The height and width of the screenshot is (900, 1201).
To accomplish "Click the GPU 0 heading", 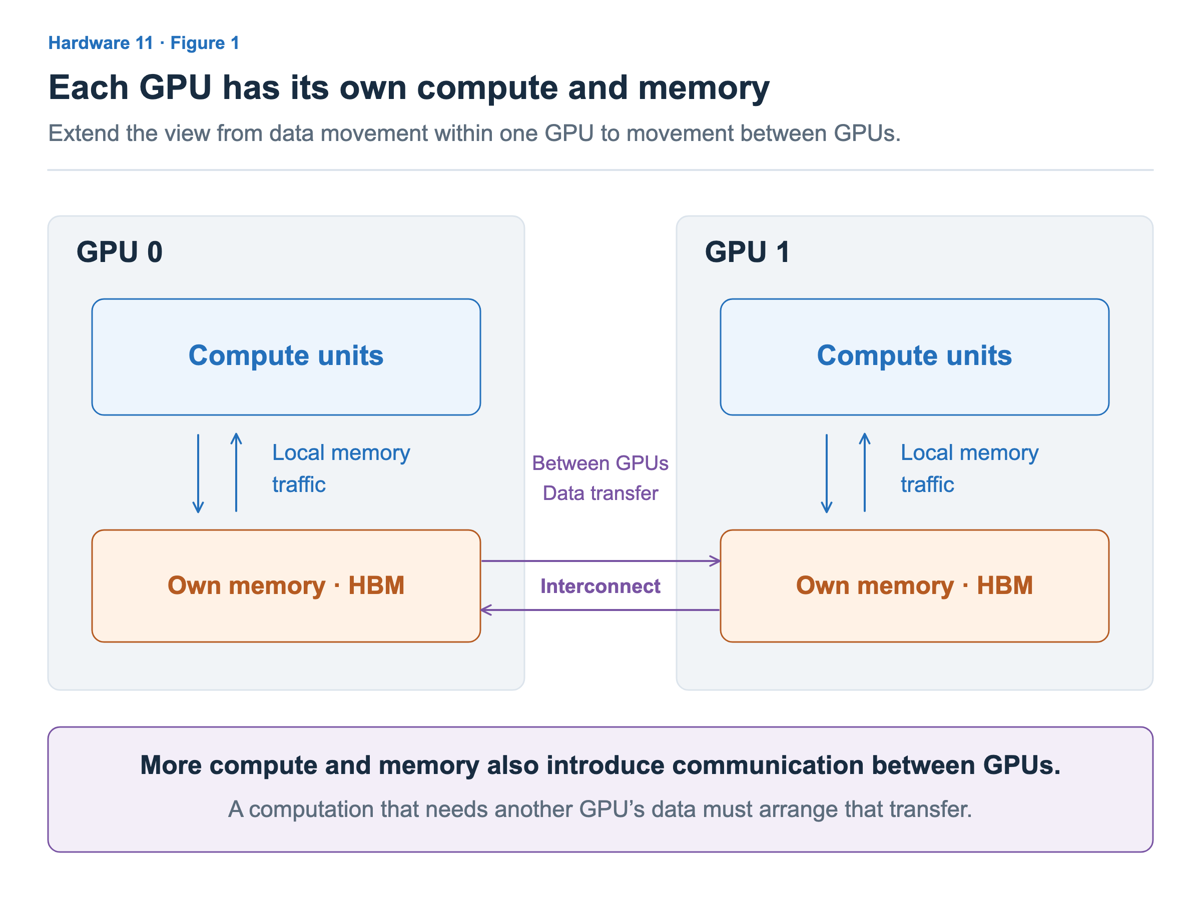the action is coord(120,252).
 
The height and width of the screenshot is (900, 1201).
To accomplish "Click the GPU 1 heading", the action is coord(747,252).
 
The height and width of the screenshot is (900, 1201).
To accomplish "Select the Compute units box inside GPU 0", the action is coord(286,357).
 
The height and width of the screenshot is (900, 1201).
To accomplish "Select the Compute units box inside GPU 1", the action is coord(914,357).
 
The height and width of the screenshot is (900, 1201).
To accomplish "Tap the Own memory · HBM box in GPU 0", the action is coord(286,586).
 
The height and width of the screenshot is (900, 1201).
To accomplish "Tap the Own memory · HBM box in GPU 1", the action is coord(914,586).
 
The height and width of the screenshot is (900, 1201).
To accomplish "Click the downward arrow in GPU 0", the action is coord(198,473).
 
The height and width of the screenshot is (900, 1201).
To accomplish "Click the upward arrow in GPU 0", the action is coord(236,472).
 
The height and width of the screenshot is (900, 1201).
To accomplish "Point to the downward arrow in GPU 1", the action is coord(826,473).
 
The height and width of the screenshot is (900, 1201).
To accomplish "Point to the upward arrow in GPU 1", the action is coord(865,472).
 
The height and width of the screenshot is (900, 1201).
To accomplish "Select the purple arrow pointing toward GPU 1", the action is coord(601,561).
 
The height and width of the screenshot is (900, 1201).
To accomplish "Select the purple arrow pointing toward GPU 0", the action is coord(600,610).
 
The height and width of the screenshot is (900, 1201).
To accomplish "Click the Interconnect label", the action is coord(600,586).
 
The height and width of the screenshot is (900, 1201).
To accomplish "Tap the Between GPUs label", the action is coord(600,463).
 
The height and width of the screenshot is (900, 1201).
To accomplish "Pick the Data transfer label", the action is coord(600,493).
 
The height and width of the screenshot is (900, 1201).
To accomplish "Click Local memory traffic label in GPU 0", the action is coord(341,468).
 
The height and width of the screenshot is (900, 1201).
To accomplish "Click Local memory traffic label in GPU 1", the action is coord(969,468).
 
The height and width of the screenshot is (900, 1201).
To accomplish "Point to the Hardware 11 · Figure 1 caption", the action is coord(144,43).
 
